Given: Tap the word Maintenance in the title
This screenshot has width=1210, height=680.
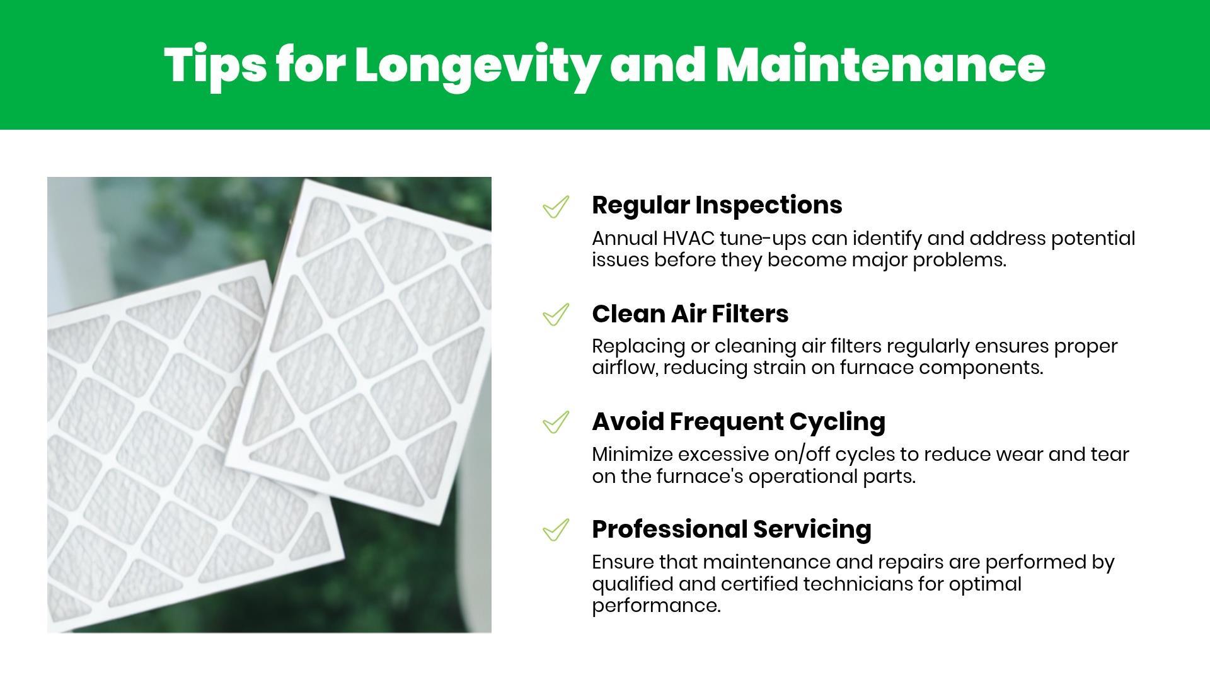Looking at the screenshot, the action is tap(880, 65).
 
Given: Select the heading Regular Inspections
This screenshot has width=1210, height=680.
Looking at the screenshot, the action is tap(717, 206).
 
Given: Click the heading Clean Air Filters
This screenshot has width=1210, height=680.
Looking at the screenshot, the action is tap(690, 314).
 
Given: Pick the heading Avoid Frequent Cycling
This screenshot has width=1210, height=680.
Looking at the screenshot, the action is tap(739, 422).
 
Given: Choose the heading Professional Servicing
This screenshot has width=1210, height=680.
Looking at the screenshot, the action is tap(732, 530).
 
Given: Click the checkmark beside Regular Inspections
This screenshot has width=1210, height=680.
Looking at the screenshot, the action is tap(556, 207).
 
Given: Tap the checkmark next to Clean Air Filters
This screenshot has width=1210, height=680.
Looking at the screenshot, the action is tap(556, 314).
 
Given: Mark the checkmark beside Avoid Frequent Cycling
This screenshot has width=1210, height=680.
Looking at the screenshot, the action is tap(556, 422).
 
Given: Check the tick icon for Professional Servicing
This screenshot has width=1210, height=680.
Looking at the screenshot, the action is tap(556, 530).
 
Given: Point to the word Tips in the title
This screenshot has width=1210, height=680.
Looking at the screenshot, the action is tap(216, 66).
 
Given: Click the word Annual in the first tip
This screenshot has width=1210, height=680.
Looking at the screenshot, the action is tap(625, 239).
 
